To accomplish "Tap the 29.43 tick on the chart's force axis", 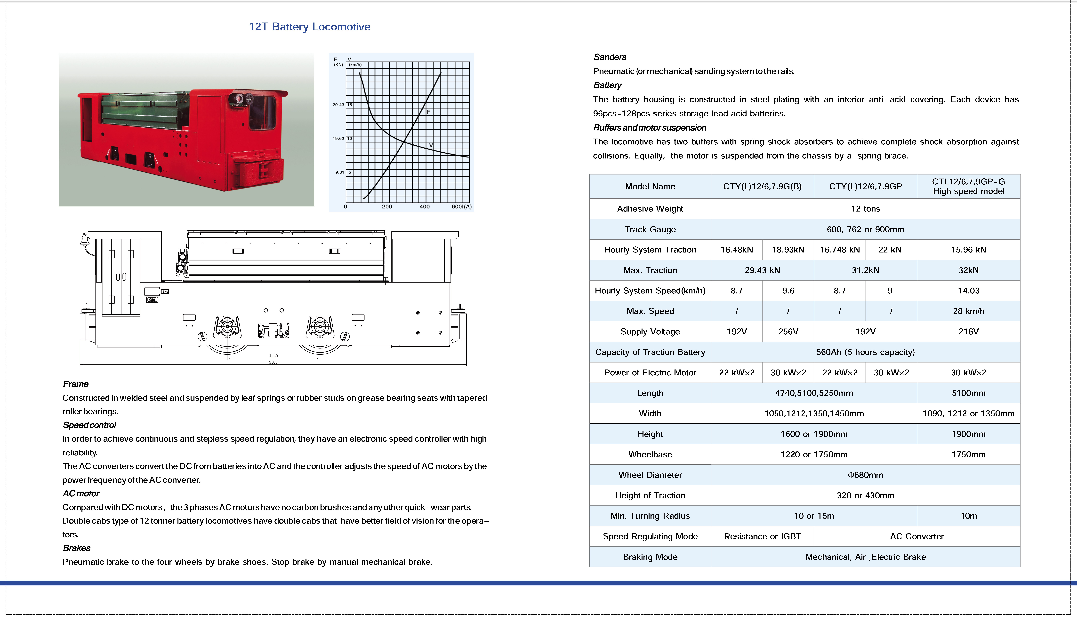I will (x=338, y=104).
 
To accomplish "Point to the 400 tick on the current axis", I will (x=424, y=206).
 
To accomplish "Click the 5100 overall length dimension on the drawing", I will (x=273, y=362).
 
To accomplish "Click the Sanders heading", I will (x=610, y=57).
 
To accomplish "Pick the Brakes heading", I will (x=77, y=548).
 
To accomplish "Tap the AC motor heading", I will (x=81, y=494).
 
